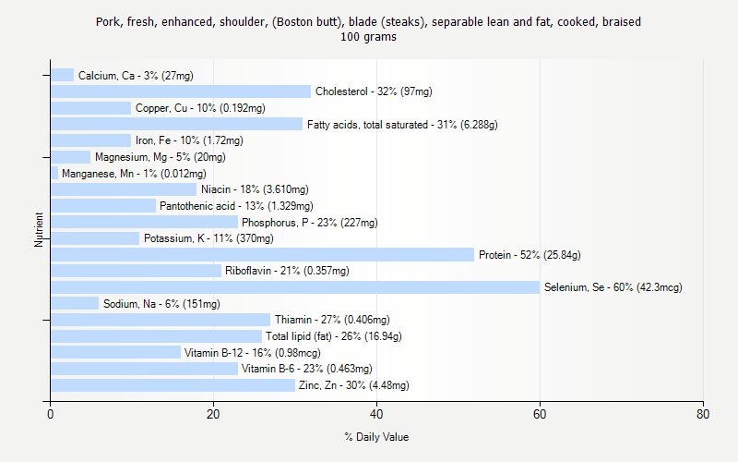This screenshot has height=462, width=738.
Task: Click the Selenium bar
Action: [x=295, y=287]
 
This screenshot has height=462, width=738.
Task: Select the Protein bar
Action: [x=262, y=255]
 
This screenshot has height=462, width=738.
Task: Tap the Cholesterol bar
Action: [x=181, y=91]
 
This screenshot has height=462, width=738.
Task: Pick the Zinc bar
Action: [x=173, y=385]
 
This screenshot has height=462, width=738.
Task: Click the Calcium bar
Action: [x=62, y=75]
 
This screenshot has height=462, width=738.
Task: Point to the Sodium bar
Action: [x=75, y=304]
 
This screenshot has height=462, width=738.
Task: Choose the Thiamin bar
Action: [x=161, y=320]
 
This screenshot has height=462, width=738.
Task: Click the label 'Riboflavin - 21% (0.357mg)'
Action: [x=287, y=271]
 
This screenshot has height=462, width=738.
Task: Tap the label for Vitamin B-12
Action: [x=252, y=353]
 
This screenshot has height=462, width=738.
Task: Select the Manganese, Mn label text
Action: [x=134, y=174]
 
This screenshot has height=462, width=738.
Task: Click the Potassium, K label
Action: [x=208, y=238]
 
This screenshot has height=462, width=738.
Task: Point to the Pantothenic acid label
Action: [x=236, y=206]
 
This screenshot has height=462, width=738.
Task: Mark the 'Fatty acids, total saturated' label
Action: [x=402, y=125]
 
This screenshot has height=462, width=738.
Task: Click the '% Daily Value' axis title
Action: [x=376, y=437]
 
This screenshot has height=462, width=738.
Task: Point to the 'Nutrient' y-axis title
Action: [x=40, y=229]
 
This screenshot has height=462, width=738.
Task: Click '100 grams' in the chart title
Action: [x=368, y=37]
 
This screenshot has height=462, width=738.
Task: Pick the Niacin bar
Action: [x=124, y=189]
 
